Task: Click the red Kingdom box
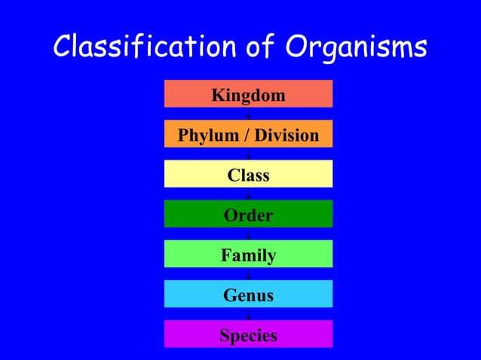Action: coord(248,94)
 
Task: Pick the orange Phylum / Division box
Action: coord(248,134)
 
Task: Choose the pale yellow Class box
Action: coord(248,174)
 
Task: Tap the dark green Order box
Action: coord(248,214)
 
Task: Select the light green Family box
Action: coord(248,254)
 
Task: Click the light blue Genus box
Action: coord(248,294)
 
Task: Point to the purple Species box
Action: coord(248,334)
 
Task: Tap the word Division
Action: coord(286,136)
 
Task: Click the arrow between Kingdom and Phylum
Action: coord(248,114)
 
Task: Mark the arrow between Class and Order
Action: coord(248,194)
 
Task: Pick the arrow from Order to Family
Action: coord(248,233)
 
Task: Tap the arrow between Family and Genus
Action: coord(248,273)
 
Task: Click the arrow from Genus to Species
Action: coord(248,313)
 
